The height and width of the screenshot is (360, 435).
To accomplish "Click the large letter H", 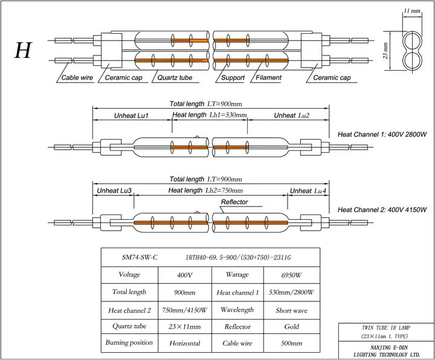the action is point(24,51).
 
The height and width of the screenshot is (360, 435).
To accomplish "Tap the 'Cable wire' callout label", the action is point(77,78).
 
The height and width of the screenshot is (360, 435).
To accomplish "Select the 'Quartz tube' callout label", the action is point(175,78).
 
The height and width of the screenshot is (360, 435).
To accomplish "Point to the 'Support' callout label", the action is point(233,78).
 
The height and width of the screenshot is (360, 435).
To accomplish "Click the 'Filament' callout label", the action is point(268,77).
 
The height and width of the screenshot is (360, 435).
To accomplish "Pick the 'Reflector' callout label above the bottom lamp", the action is point(234,202).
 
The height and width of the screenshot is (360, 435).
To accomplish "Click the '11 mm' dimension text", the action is point(412,11).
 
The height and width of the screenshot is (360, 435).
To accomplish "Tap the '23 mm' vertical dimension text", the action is point(385,51).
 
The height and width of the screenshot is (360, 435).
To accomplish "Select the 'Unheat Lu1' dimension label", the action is point(132,115).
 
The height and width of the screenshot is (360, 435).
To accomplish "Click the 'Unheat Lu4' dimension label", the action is point(308,191).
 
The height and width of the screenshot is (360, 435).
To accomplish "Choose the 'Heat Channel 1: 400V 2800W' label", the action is point(382,135).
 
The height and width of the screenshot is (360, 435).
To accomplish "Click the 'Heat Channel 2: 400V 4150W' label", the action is point(382,210).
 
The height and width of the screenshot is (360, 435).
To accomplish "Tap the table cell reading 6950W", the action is point(292,275).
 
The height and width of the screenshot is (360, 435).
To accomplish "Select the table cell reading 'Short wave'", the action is point(292,310).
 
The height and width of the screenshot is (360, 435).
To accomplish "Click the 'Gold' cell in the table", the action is point(292,327).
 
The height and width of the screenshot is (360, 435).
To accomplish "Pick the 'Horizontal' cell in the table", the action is point(185,343).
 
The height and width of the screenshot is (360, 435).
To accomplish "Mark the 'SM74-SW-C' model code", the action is point(140,257).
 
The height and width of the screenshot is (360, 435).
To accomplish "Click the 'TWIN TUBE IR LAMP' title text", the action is point(386,328).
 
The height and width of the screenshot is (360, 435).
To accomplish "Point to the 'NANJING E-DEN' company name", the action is point(389,347).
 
